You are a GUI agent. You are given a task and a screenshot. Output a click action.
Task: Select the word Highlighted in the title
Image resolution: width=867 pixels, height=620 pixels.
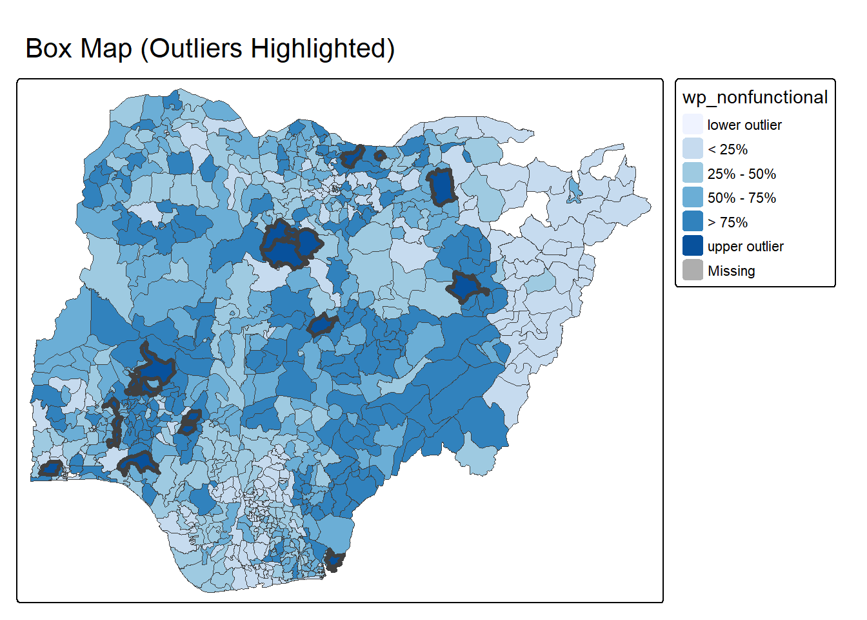point(322,49)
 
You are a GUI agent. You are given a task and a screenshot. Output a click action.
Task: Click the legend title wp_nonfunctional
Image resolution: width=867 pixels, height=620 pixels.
point(755,98)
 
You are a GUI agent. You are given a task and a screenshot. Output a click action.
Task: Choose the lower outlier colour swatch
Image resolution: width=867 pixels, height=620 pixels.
point(693,125)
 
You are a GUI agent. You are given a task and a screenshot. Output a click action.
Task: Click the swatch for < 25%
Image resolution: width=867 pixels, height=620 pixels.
point(693,149)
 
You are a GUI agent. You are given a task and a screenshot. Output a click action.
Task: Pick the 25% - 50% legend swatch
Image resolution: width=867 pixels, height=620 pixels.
point(693,173)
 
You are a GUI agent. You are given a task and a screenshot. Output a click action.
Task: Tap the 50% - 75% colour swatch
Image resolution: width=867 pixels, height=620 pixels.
point(693,198)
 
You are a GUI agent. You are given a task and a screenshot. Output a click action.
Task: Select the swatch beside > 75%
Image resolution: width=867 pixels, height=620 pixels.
point(693,222)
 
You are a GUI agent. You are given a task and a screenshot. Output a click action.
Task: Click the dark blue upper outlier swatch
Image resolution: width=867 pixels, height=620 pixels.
point(693,246)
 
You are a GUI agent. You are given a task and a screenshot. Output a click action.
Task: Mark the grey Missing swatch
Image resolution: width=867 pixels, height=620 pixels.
point(693,270)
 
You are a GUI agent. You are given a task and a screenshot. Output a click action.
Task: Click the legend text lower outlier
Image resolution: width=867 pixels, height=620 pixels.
point(744,125)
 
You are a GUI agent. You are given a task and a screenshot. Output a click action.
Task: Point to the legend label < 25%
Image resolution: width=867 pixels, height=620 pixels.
point(728,150)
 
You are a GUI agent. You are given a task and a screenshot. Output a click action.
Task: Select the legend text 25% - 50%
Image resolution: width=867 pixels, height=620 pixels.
point(742,174)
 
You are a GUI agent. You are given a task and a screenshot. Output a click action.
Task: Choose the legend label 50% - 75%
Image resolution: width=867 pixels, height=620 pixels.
point(742,198)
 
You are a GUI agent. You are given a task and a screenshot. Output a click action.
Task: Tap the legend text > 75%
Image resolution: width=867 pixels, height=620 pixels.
point(728,223)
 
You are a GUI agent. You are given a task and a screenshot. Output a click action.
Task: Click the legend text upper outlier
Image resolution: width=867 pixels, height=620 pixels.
point(746,247)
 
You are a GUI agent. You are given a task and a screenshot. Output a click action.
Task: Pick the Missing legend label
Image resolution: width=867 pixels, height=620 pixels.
point(732,271)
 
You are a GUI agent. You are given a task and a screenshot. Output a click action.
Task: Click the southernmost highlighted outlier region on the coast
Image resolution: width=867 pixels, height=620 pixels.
point(334,560)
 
